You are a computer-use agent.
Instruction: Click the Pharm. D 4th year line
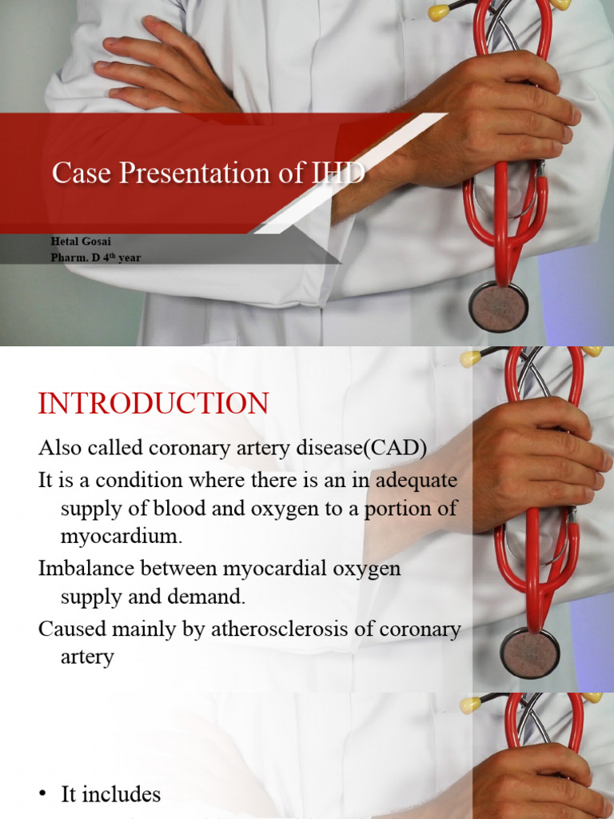point(95,258)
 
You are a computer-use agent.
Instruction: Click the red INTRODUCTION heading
point(153,404)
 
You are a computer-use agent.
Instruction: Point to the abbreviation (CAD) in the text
point(395,449)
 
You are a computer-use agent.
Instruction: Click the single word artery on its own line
point(87,657)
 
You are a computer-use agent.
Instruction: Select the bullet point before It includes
point(43,795)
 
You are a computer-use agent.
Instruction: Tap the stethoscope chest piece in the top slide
point(498,306)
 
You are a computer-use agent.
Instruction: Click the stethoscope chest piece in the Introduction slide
point(529,653)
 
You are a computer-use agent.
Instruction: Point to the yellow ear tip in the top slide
point(439,12)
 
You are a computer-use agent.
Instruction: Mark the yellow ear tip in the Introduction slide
point(470,359)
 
